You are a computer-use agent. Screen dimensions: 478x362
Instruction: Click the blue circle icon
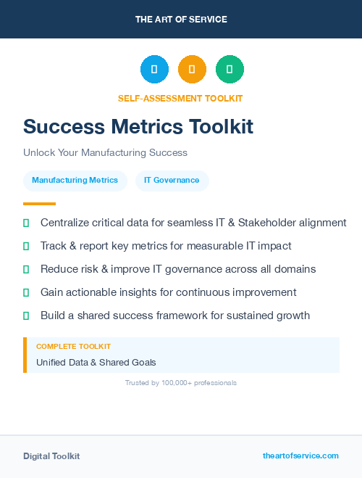point(154,69)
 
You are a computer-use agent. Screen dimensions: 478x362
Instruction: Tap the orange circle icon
point(192,69)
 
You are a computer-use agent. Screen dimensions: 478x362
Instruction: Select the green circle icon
point(230,69)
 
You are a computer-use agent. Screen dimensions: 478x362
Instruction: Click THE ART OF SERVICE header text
point(181,20)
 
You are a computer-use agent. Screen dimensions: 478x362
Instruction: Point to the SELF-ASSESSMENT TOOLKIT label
point(180,98)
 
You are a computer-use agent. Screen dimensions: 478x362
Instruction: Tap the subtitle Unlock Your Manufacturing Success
point(105,153)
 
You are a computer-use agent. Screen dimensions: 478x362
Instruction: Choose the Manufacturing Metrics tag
point(75,181)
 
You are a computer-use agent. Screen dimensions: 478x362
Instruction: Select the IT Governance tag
point(172,181)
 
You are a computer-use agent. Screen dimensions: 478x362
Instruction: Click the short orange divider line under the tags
point(39,204)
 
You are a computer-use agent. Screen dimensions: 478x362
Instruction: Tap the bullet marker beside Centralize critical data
point(26,223)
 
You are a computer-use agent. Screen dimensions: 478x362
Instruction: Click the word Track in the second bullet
point(54,246)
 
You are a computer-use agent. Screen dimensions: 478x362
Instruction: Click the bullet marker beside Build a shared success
point(26,316)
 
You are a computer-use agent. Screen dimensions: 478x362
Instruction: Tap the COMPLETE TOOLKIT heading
point(73,347)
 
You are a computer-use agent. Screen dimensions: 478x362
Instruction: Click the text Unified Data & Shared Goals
point(96,362)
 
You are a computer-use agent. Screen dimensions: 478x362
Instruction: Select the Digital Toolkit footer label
point(51,456)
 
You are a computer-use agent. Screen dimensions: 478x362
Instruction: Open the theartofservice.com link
point(300,456)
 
